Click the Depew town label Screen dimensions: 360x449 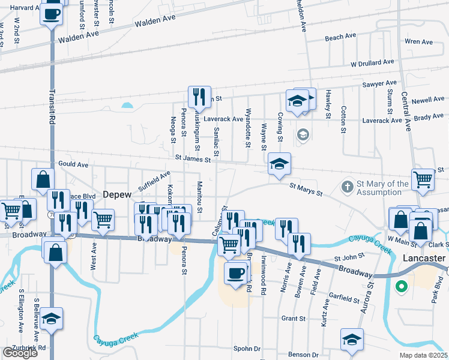tap(117, 195)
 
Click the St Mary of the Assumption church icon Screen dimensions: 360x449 tap(347, 187)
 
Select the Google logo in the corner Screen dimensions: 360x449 tap(19, 353)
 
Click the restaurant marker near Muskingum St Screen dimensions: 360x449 tap(198, 97)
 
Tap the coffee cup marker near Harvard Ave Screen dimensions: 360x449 tap(52, 13)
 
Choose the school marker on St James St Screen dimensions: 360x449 tap(279, 163)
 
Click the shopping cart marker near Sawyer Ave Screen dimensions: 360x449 tap(423, 178)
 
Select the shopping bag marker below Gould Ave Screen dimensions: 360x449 tap(43, 179)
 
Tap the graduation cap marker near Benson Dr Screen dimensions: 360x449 tap(352, 339)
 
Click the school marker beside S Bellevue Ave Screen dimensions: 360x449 tap(52, 318)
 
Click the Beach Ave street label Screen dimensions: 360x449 tap(341, 37)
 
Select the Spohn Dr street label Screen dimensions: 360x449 tap(247, 349)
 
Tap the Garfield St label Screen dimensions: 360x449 tap(344, 298)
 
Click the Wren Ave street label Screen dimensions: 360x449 tap(419, 42)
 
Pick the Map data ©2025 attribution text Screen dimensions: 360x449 tap(423, 355)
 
